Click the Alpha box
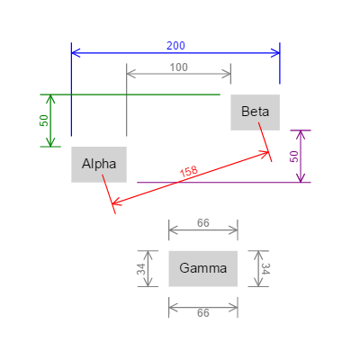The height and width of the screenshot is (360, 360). (x=99, y=164)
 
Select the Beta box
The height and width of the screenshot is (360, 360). (x=256, y=112)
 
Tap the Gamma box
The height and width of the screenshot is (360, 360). (x=203, y=268)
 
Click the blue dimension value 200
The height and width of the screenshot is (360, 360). (x=176, y=46)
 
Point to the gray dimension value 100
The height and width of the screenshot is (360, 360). (x=179, y=67)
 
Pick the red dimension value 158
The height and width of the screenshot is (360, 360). (x=189, y=173)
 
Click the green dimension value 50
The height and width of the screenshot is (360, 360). (x=42, y=120)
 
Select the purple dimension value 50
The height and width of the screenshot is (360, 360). (x=293, y=156)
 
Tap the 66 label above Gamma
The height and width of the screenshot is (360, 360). (x=203, y=222)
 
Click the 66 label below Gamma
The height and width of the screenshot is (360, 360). (x=203, y=313)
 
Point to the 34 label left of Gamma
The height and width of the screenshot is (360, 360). (x=142, y=268)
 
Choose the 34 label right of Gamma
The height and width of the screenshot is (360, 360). (x=265, y=268)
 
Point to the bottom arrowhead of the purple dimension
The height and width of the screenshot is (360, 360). (x=301, y=178)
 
